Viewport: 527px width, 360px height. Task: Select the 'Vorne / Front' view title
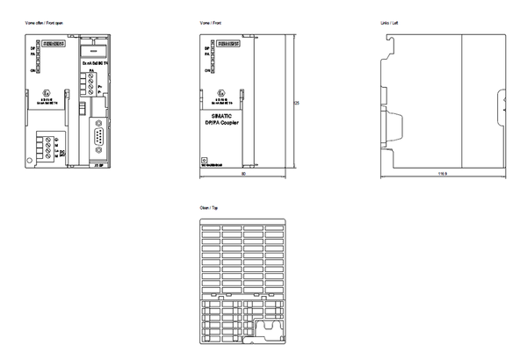point(213,18)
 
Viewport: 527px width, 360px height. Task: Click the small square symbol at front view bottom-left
point(205,160)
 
